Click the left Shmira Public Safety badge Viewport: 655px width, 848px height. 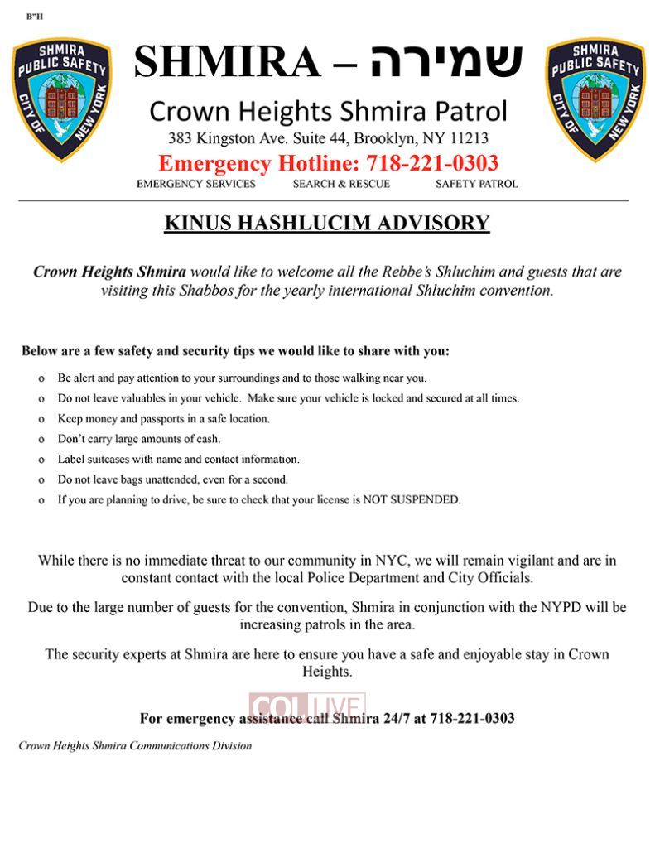(x=61, y=99)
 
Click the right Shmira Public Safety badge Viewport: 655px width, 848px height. (x=595, y=99)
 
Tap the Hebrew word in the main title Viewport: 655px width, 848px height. (x=446, y=61)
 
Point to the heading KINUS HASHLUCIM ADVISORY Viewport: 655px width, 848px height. (x=327, y=223)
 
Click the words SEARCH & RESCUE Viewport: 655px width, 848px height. (x=341, y=184)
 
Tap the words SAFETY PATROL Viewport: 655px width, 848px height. (x=477, y=184)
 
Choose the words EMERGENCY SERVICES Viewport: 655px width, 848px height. (x=196, y=184)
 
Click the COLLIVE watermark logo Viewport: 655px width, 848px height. (x=307, y=707)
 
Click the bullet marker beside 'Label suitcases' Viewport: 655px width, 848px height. (x=41, y=460)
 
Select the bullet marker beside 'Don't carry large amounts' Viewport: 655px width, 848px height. (x=41, y=439)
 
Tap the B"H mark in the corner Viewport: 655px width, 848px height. (x=35, y=17)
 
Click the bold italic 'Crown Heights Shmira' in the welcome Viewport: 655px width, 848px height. (x=109, y=272)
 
